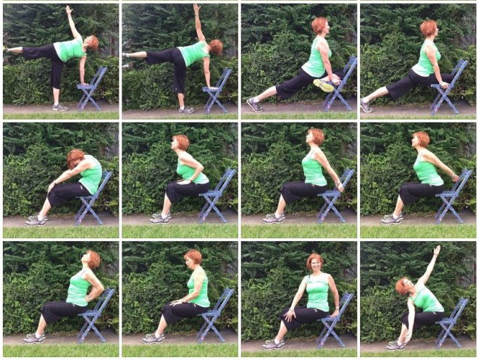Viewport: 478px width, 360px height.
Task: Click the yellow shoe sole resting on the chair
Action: [324, 85]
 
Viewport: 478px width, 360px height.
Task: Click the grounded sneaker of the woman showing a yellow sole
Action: [253, 104]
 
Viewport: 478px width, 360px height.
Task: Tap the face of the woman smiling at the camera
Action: [314, 263]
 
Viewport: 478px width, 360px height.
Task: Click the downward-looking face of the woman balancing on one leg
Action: [93, 44]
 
